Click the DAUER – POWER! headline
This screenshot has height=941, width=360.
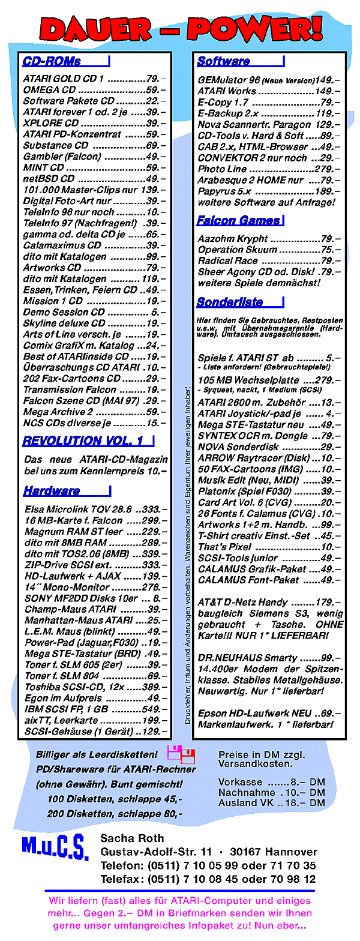(x=180, y=27)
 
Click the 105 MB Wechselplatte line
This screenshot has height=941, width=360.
(x=269, y=380)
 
